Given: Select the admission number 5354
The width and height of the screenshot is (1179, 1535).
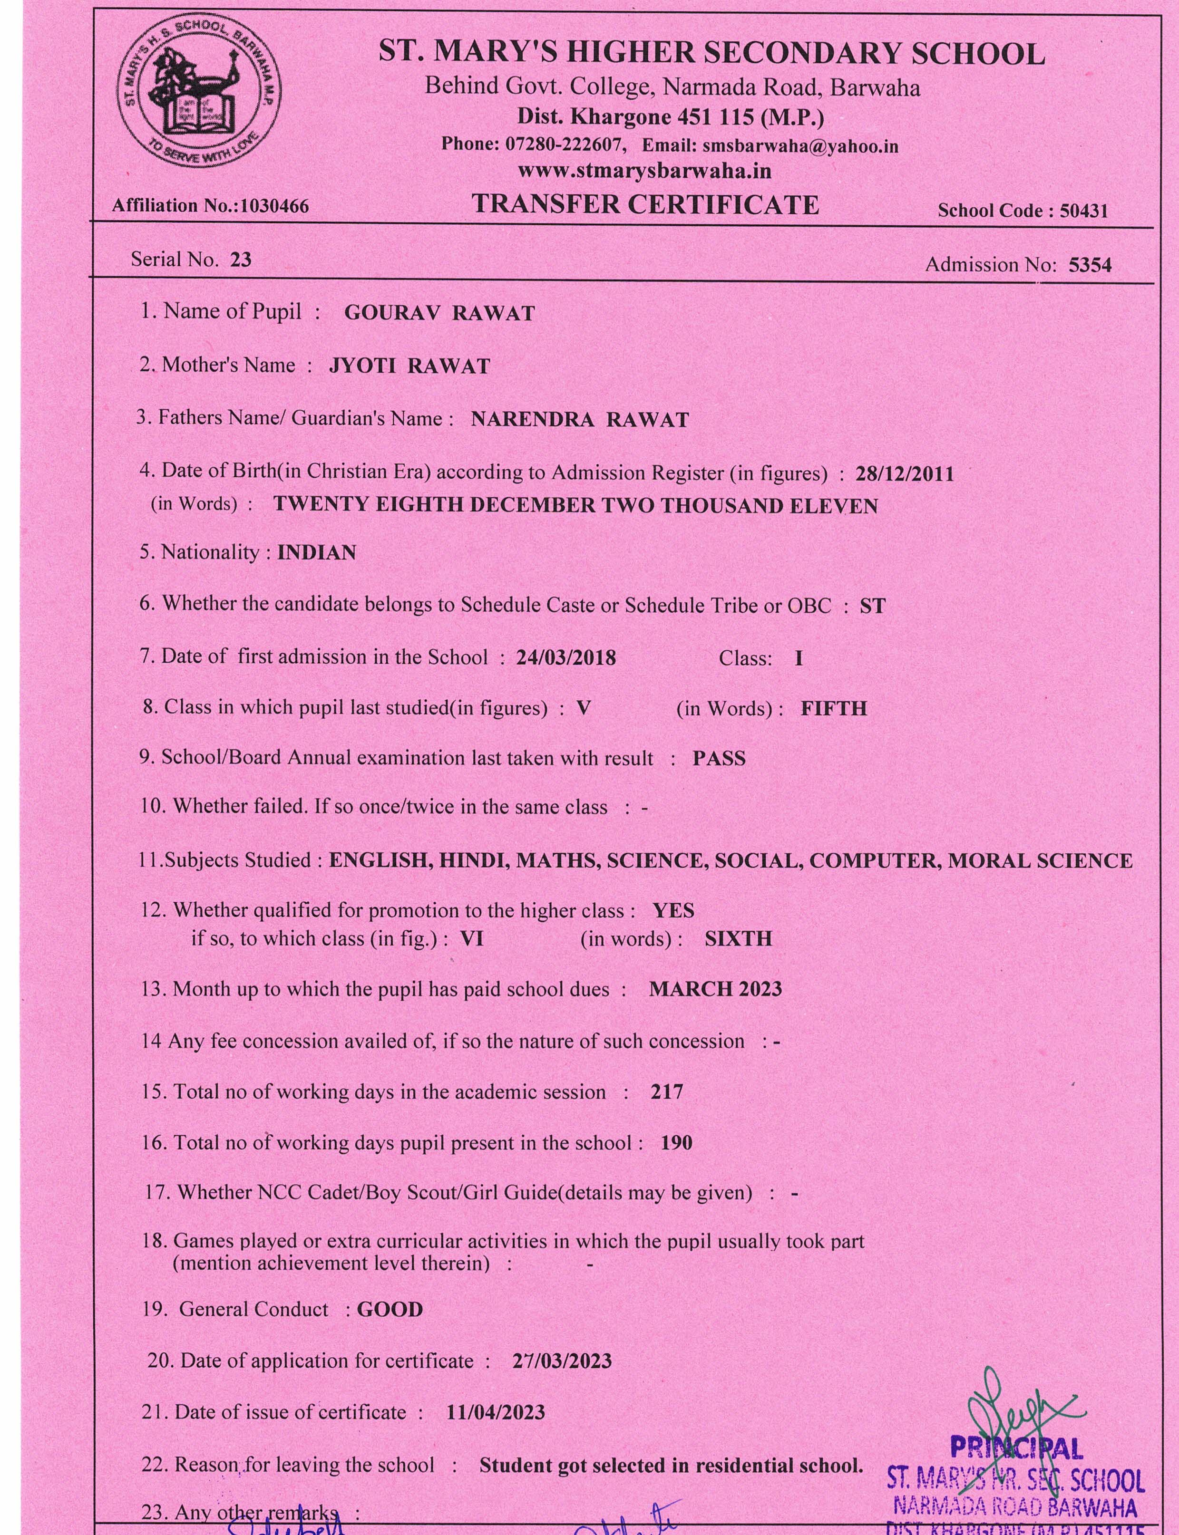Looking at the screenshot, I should point(1090,265).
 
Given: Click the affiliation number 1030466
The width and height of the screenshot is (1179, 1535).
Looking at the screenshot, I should point(274,205).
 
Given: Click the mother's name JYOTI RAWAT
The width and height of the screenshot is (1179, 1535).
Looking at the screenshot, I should point(409,366).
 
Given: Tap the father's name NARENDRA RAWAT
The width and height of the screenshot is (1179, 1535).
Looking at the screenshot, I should point(580,420).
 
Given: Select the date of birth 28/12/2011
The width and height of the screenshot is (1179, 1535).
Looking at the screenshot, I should point(905,474).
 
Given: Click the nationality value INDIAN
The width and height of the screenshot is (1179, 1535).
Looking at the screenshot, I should point(316,553).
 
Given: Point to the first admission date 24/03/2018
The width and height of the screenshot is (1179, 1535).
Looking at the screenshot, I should point(565,658).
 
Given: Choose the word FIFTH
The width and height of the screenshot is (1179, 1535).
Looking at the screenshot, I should point(834,709).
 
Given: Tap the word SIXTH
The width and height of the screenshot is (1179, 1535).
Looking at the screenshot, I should point(738,939).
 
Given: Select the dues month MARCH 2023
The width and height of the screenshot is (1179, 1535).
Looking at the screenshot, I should point(715,989).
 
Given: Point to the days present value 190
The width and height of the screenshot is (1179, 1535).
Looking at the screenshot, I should point(676,1143).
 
